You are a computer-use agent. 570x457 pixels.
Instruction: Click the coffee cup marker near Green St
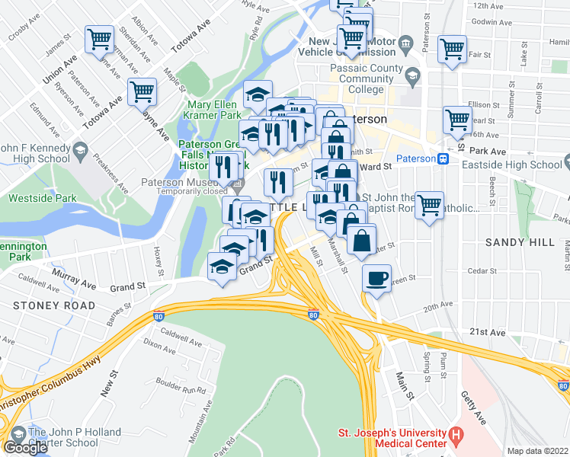click(375, 280)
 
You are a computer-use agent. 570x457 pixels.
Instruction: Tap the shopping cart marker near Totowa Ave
click(100, 40)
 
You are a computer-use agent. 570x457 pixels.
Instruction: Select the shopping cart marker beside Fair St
click(452, 50)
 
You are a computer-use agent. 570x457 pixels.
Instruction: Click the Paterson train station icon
click(442, 158)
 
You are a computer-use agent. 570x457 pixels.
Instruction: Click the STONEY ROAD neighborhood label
click(54, 305)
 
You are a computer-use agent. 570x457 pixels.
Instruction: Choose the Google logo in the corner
click(25, 447)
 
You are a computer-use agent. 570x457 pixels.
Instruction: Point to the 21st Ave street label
click(488, 333)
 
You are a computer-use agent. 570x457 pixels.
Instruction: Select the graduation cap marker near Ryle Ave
click(258, 94)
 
